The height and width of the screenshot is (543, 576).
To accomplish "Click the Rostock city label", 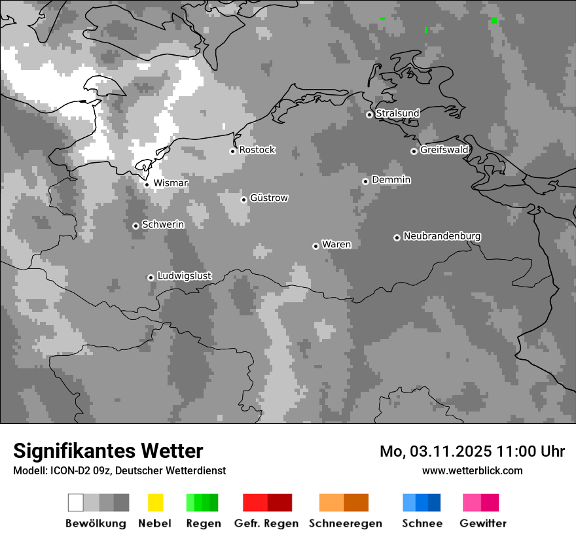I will click(x=257, y=150).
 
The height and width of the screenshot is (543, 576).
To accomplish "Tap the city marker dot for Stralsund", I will click(x=369, y=114).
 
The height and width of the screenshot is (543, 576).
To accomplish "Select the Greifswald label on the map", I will click(x=444, y=150).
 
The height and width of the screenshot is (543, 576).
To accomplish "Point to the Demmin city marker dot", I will click(x=365, y=181).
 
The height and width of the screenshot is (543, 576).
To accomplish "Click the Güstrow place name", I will click(x=269, y=198).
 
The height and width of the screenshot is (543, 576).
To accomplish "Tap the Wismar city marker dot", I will click(x=147, y=184).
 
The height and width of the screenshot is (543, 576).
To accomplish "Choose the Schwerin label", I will click(x=163, y=224).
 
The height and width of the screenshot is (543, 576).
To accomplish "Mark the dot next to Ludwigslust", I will click(x=151, y=277).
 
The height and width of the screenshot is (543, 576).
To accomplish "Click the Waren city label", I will click(x=336, y=245).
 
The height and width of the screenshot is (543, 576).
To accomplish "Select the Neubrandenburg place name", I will click(x=442, y=236).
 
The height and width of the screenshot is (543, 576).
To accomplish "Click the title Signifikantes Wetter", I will click(x=108, y=451).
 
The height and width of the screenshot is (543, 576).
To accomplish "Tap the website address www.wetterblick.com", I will click(x=473, y=470).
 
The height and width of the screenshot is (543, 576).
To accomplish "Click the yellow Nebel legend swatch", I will click(x=156, y=502).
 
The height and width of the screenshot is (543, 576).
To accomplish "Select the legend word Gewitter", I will click(x=483, y=523).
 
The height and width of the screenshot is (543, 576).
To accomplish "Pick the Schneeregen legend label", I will click(x=346, y=523).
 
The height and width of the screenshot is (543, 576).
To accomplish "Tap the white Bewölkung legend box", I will click(x=75, y=502).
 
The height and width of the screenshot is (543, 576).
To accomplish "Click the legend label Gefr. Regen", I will click(x=266, y=523).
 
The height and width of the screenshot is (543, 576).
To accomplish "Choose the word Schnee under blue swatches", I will click(x=422, y=523).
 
